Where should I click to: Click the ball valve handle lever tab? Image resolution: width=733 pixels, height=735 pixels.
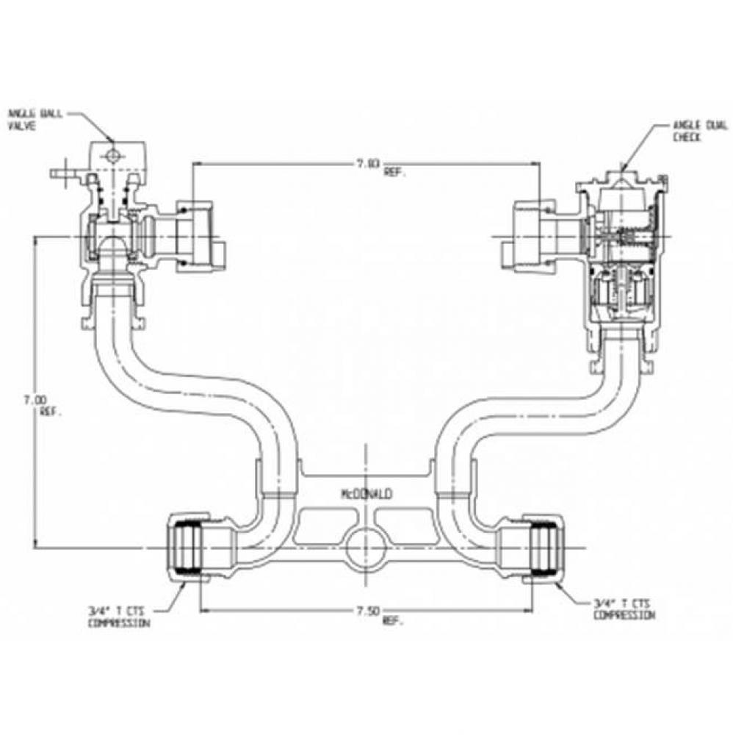[63, 175]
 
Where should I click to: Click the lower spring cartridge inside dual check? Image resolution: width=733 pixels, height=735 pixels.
[621, 290]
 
